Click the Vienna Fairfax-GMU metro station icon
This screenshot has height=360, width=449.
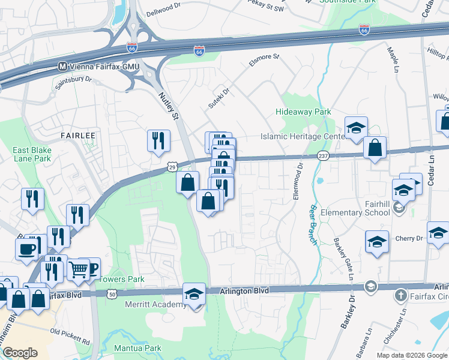click(61, 66)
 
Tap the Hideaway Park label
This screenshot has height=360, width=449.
click(303, 112)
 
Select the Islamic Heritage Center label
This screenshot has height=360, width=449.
click(302, 136)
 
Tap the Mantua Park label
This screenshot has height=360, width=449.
click(138, 347)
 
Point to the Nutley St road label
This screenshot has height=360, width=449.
click(169, 106)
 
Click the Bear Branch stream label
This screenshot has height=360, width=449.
click(313, 220)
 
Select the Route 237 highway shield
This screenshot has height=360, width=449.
click(323, 156)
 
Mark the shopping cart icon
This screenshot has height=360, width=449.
click(79, 269)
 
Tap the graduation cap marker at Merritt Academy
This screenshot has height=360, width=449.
click(194, 293)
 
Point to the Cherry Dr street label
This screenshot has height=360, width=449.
click(409, 238)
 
